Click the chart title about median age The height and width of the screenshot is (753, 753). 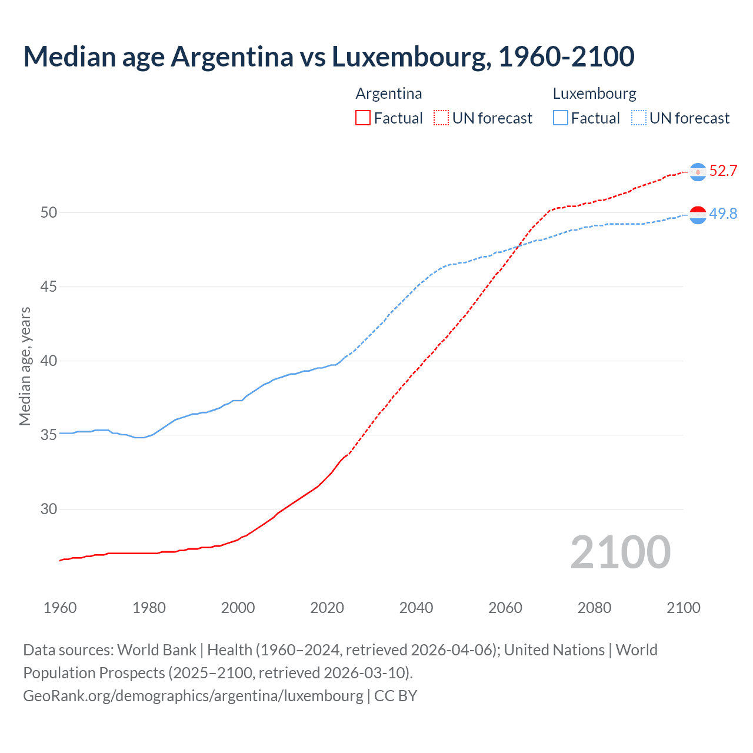pos(328,56)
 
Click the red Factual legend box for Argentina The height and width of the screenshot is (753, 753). pos(363,118)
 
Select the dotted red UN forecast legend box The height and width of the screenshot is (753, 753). pos(441,118)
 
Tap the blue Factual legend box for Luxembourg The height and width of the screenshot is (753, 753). pos(561,118)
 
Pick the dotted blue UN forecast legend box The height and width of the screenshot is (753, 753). pos(638,118)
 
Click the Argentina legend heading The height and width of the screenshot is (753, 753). pos(388,94)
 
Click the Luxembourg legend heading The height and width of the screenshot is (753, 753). pos(594,94)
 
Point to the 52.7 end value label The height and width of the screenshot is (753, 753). pos(723,171)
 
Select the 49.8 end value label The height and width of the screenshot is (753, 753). pos(723,214)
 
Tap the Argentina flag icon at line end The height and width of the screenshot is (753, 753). pos(698,172)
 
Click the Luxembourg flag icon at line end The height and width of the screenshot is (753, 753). pos(698,215)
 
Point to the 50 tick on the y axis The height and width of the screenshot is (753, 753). pos(49,212)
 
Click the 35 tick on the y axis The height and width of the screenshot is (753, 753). pos(49,435)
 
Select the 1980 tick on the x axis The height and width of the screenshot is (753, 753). pos(149,608)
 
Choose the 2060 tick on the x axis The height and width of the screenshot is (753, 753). pos(505,608)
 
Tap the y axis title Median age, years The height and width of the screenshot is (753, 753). pos(25,366)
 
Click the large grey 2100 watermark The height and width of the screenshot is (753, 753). pos(620,552)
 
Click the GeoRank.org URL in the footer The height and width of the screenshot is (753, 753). pos(193,695)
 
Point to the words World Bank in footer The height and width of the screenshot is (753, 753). pos(156,650)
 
